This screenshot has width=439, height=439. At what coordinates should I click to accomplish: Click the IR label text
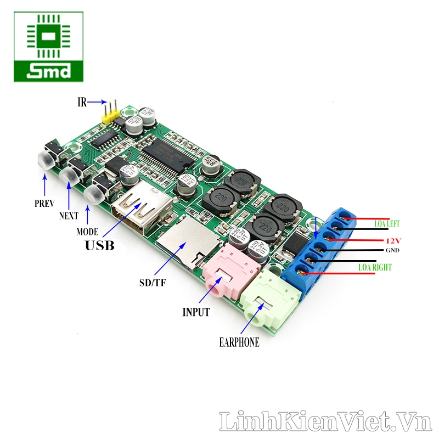point(82,102)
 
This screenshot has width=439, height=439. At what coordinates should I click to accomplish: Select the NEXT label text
point(69,216)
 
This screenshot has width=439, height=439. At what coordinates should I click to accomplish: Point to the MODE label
point(87,232)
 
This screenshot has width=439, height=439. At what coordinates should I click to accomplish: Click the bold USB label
point(99,245)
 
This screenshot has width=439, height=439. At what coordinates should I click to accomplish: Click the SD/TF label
point(152,283)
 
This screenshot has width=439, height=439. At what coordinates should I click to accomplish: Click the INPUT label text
point(196,312)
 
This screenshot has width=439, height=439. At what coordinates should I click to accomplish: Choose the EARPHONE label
point(239,342)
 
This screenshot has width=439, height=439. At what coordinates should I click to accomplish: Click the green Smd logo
point(49,47)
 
